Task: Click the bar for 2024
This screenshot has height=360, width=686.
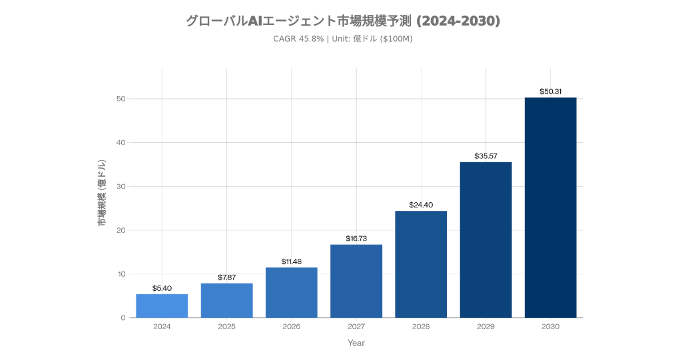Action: pos(162,306)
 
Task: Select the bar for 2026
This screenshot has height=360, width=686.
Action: pos(292,293)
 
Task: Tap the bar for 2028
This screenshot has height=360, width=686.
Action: pos(421,264)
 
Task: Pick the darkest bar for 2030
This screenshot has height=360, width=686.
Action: pos(551,207)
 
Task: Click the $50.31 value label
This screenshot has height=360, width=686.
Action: pos(551,91)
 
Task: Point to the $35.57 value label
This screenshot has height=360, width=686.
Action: pos(486,156)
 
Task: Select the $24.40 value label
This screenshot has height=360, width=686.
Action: pos(421,205)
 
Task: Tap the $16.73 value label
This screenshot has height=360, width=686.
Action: pos(356,238)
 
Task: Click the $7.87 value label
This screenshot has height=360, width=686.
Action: pos(227,277)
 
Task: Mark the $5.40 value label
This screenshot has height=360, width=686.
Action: pos(162,288)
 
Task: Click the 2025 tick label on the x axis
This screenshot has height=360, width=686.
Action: pos(227,327)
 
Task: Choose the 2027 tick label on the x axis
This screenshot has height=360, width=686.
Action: pos(356,327)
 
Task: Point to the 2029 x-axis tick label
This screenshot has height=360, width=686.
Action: pos(486,327)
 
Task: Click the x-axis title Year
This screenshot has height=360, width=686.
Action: pos(356,343)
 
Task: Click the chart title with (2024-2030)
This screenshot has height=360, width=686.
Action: pos(343,21)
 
